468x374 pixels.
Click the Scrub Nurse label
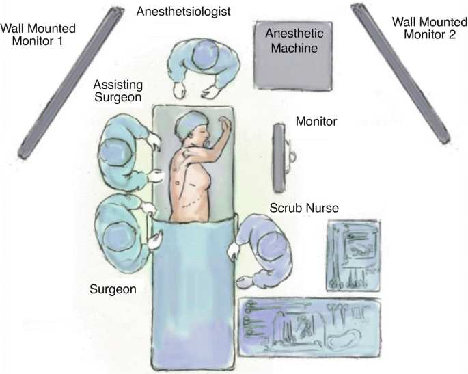pyautogui.click(x=304, y=207)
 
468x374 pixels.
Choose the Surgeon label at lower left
pyautogui.click(x=113, y=289)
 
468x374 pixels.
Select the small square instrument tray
pyautogui.click(x=354, y=254)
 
